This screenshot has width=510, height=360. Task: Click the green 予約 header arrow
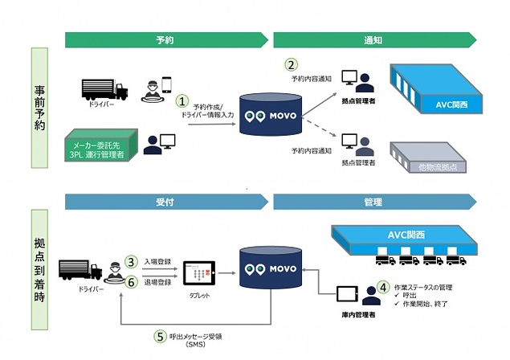pyautogui.click(x=165, y=39)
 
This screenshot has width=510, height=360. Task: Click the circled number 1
pyautogui.click(x=183, y=102)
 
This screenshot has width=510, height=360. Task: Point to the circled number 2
pyautogui.click(x=292, y=64)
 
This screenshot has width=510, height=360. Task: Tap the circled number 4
pyautogui.click(x=383, y=285)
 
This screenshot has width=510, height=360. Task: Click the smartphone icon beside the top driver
pyautogui.click(x=166, y=84)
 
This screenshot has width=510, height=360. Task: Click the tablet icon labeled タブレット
pyautogui.click(x=197, y=272)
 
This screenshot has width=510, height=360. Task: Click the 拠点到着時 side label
pyautogui.click(x=44, y=267)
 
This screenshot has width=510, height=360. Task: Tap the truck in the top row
pyautogui.click(x=104, y=88)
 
